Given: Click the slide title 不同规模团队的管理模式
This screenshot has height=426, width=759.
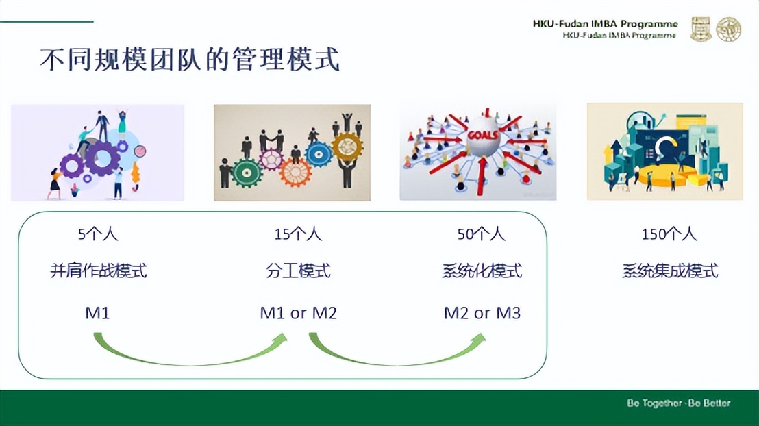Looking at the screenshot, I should [190, 60].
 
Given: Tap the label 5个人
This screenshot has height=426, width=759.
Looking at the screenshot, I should [98, 234].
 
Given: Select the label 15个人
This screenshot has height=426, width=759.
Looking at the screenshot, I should [298, 234].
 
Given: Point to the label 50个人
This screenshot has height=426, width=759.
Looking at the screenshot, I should [481, 234].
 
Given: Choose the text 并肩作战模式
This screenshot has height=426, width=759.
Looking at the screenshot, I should [99, 271].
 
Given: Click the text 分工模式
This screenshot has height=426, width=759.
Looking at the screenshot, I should [298, 271].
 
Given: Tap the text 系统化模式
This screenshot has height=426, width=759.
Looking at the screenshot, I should [482, 271].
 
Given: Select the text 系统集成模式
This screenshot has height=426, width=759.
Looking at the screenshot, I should [670, 271].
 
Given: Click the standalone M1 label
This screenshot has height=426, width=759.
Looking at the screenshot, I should [97, 314].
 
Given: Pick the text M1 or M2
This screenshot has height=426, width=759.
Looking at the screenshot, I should [298, 314].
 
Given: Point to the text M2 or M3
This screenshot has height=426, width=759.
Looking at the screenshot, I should [482, 314].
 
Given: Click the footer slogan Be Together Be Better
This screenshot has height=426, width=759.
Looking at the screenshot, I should [678, 403].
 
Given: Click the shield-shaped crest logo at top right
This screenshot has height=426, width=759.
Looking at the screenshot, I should [700, 29].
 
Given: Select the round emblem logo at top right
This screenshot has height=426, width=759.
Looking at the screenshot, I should [728, 29].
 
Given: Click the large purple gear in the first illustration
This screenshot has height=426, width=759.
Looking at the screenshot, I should [102, 158].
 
